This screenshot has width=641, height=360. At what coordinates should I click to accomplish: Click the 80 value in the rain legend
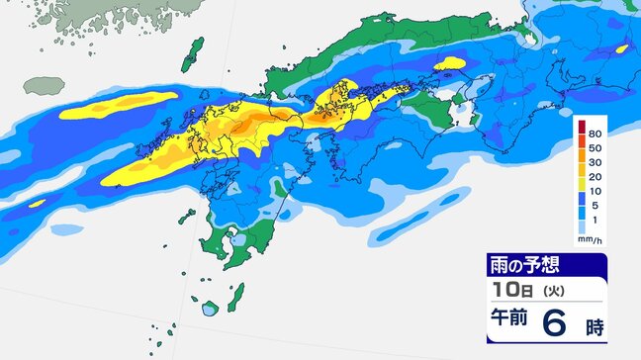(x=596, y=132)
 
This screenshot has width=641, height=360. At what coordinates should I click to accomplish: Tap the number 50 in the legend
(x=596, y=147)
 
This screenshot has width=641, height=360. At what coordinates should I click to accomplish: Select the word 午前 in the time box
(x=511, y=321)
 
